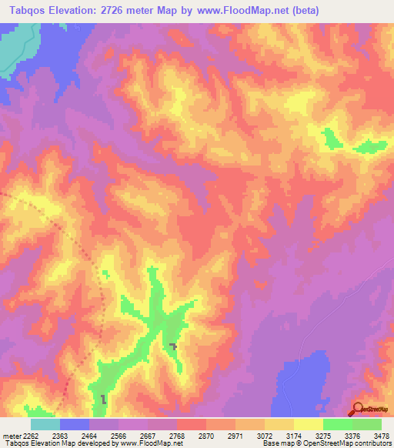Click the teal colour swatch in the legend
[45, 424]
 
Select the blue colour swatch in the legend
[75, 424]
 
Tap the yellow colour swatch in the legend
[309, 424]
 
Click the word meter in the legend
[10, 436]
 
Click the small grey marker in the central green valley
[174, 346]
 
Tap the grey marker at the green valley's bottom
[104, 399]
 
